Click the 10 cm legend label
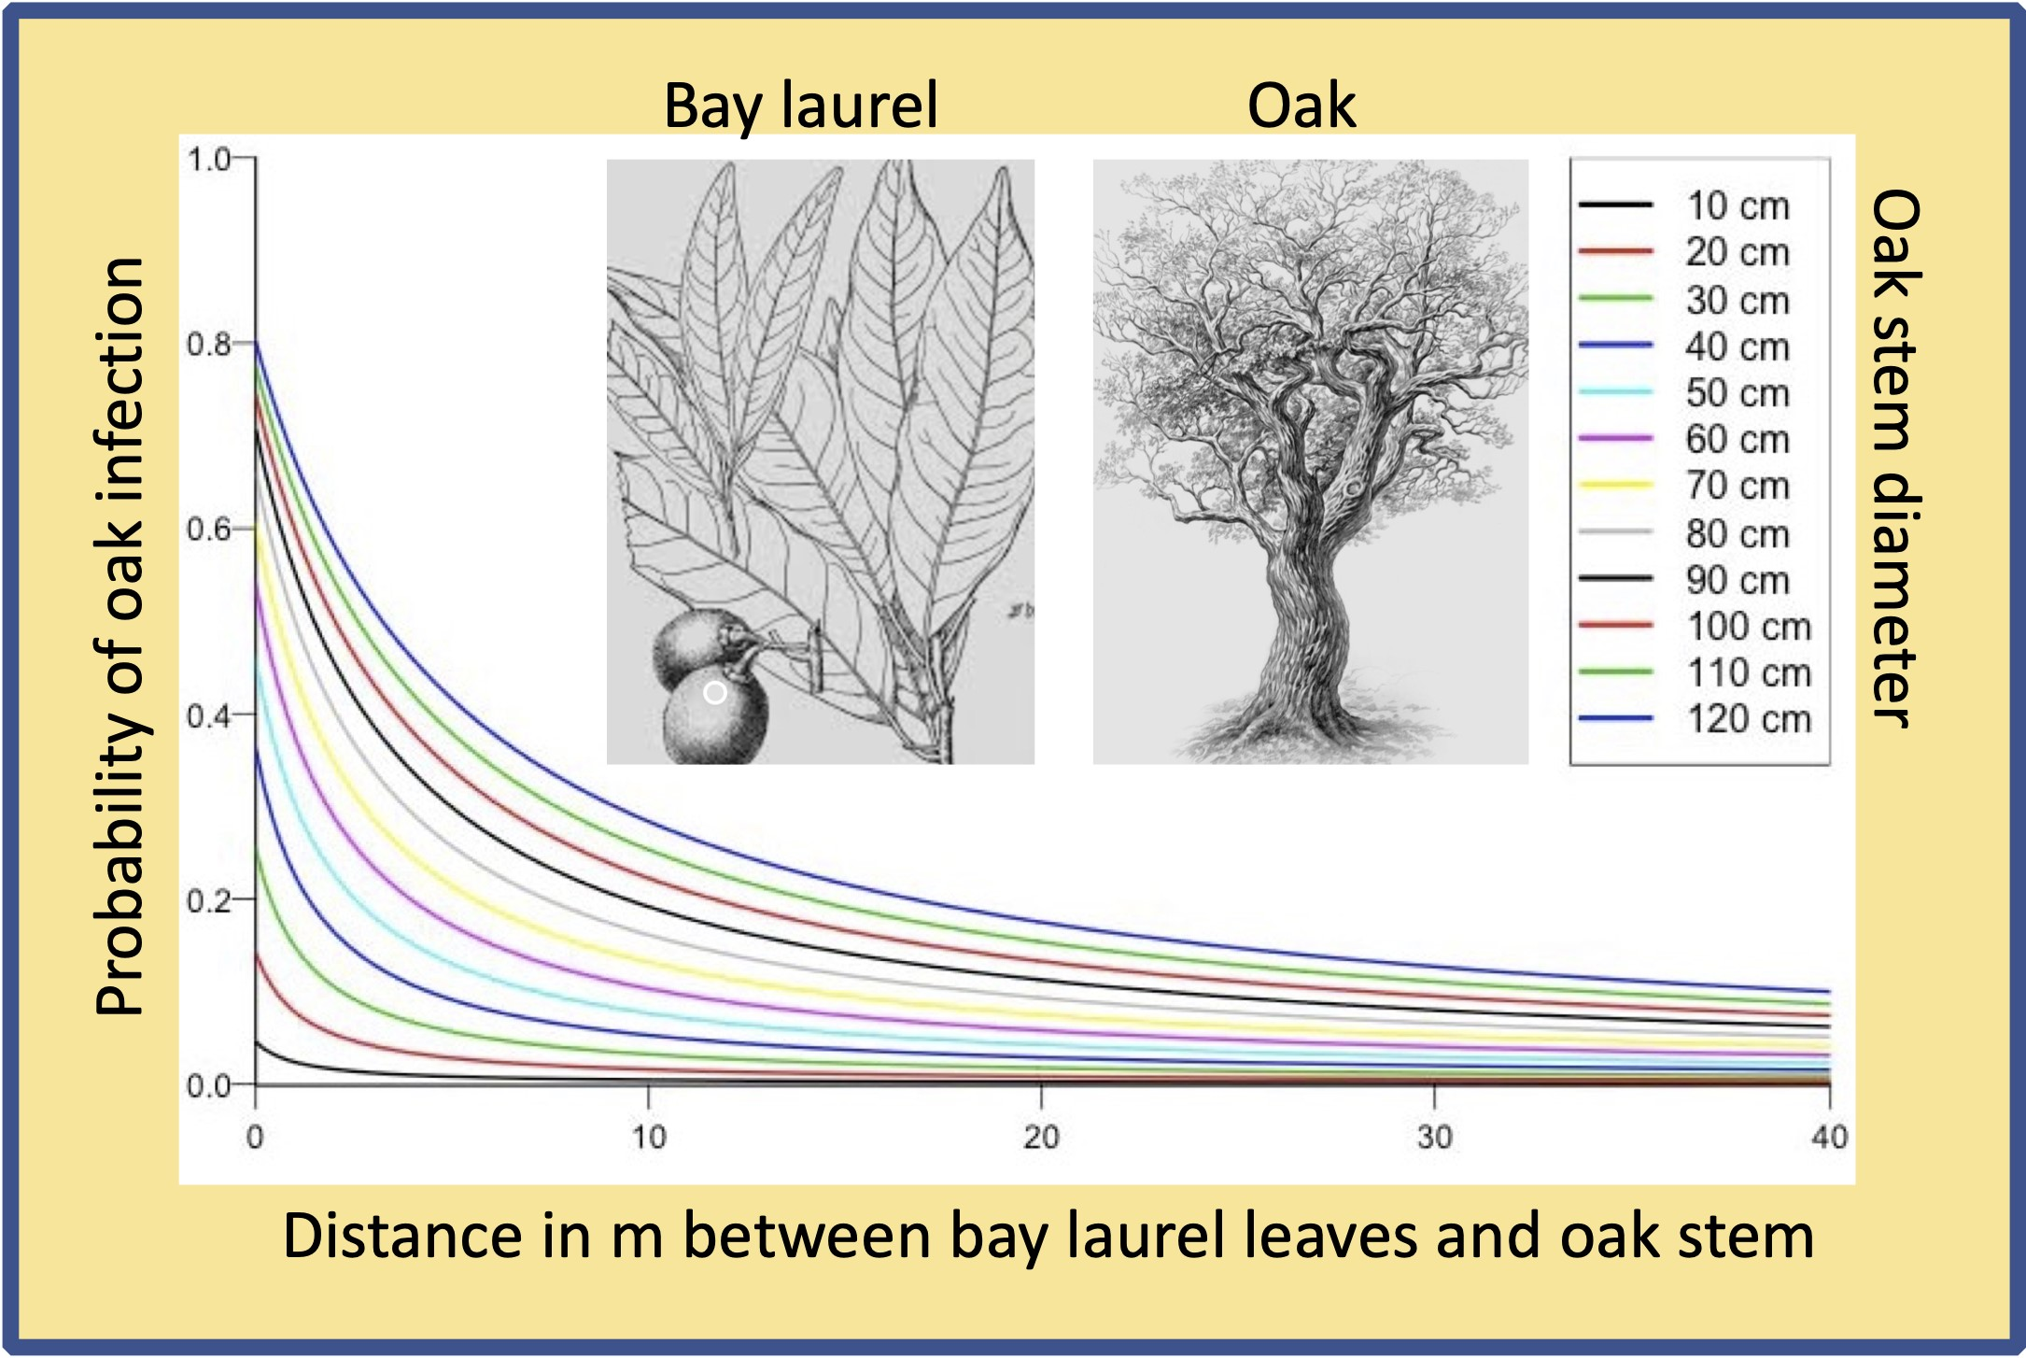1738,205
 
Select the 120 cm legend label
1749,719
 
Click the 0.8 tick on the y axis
208,344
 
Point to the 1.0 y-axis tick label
208,159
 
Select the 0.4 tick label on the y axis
208,715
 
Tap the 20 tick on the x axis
1041,1137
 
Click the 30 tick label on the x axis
1435,1137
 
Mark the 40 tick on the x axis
1829,1137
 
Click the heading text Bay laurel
800,106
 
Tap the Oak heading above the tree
1301,105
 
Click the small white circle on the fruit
714,693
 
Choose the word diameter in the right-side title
1895,598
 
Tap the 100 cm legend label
1749,626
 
